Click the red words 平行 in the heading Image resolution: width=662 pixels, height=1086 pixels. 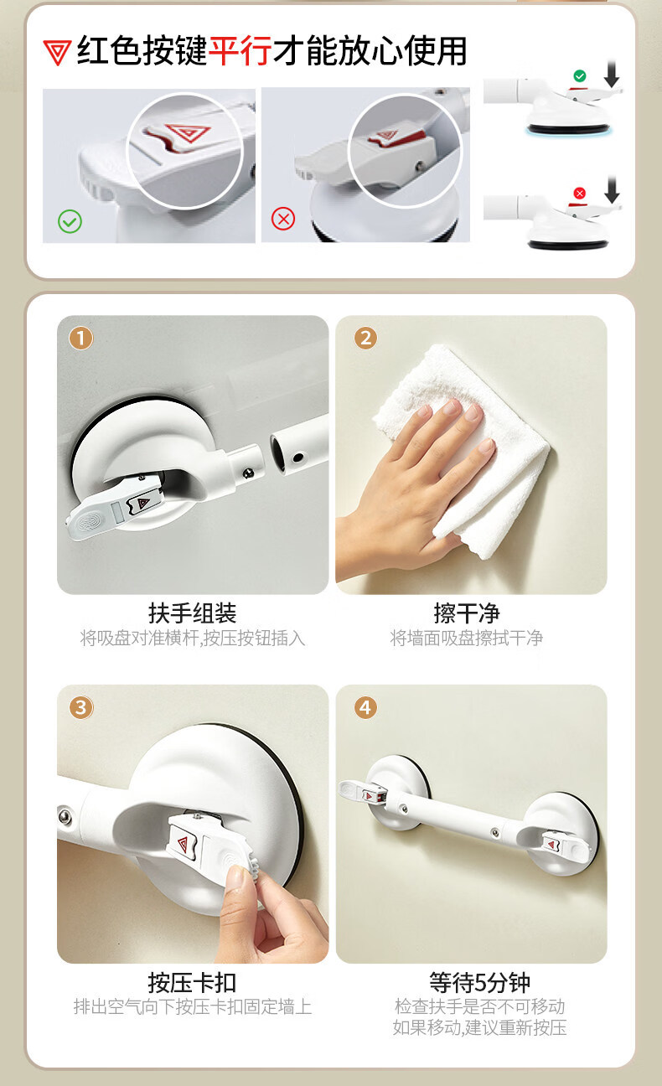click(240, 50)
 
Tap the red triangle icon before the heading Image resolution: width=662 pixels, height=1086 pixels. click(57, 52)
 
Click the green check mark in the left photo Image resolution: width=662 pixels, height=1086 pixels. click(70, 221)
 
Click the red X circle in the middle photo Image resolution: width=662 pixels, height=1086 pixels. click(283, 219)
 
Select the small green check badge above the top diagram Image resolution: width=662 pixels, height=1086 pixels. click(580, 75)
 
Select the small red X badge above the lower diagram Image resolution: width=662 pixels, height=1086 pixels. click(580, 193)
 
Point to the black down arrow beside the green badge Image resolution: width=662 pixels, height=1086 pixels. click(612, 74)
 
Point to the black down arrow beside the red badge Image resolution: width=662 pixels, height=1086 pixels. click(612, 189)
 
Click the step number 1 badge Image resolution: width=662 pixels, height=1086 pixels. click(80, 338)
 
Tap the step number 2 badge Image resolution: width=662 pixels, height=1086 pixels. click(365, 338)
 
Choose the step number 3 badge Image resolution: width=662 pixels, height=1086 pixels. click(81, 707)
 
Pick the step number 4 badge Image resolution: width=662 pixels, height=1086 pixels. click(365, 707)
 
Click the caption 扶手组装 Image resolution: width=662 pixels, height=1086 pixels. click(192, 613)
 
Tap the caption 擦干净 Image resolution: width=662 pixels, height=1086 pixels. click(467, 613)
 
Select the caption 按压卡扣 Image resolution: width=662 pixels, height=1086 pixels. click(192, 983)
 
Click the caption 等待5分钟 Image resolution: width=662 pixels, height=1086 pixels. click(479, 983)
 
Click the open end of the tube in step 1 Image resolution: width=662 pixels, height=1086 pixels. click(279, 452)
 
